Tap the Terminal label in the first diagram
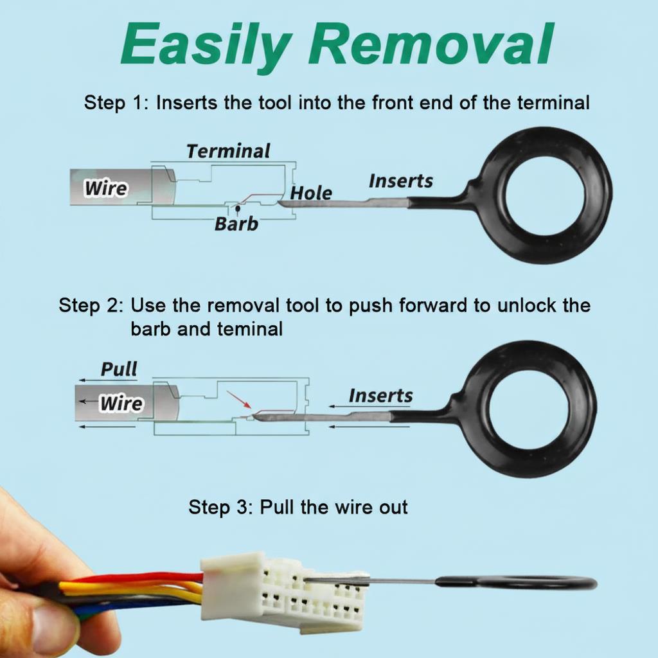coord(228,151)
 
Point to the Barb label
coord(236,224)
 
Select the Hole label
coord(311,193)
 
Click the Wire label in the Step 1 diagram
coord(106,188)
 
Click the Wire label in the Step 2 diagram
coord(121,404)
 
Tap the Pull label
coord(119,369)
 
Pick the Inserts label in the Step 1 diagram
coord(401,181)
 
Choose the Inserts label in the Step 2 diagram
coord(380,396)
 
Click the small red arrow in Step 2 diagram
coord(239,400)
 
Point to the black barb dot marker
coord(238,208)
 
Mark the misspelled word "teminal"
coord(250,328)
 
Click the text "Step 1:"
coord(117,103)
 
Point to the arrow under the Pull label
coord(108,380)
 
